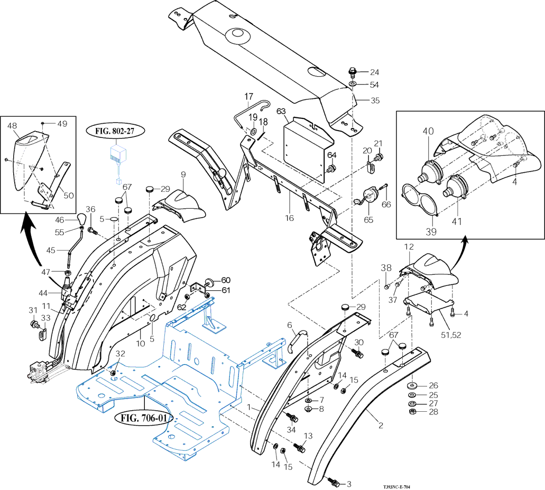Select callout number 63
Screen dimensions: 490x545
pyautogui.click(x=281, y=111)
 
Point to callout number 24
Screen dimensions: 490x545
pyautogui.click(x=374, y=72)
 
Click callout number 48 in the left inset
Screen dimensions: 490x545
pyautogui.click(x=13, y=126)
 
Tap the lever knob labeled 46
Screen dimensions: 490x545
pyautogui.click(x=81, y=219)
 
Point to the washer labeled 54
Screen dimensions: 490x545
pyautogui.click(x=352, y=84)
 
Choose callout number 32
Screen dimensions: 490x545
pyautogui.click(x=121, y=354)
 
